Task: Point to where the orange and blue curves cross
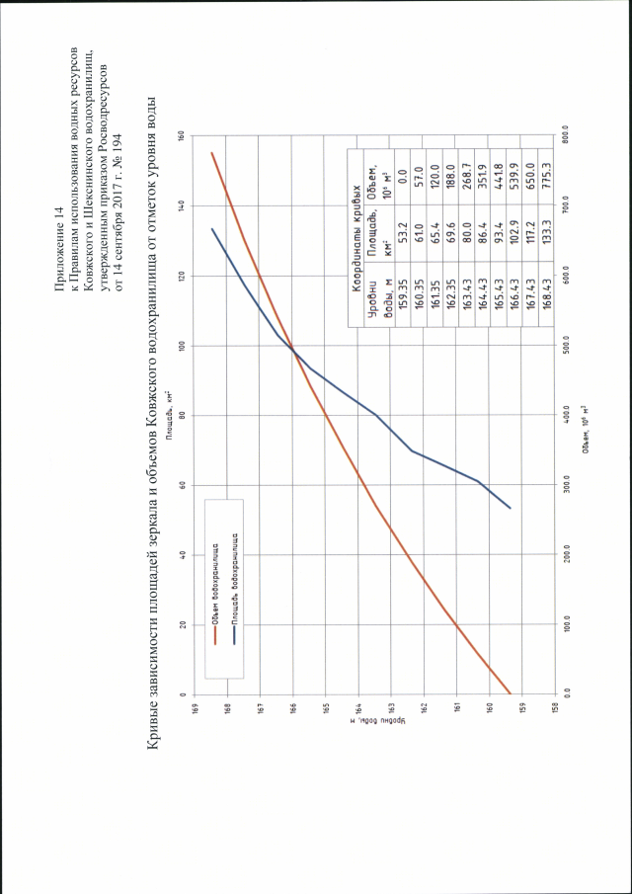tap(293, 348)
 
